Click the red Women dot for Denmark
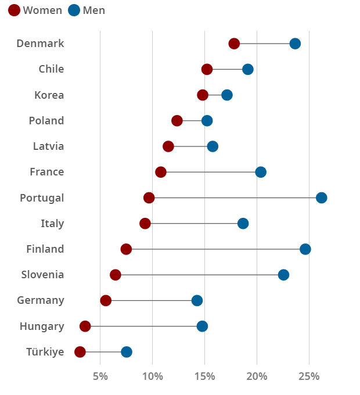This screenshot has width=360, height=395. tap(234, 44)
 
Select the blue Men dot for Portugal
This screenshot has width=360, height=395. tap(321, 198)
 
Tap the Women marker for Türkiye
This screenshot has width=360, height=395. tap(80, 352)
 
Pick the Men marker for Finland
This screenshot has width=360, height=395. tap(305, 249)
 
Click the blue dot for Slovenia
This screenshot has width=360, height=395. tap(283, 275)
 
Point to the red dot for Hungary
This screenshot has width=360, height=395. tap(85, 326)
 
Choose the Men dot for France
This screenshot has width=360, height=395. tap(261, 172)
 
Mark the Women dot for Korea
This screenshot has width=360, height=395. tap(203, 95)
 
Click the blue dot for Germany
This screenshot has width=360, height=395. tap(197, 300)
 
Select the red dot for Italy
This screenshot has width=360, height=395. tap(145, 224)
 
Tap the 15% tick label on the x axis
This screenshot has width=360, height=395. tap(204, 376)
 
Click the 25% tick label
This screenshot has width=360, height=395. tap(308, 376)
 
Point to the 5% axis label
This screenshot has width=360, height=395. tap(100, 376)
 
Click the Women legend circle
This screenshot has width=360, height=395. tap(14, 10)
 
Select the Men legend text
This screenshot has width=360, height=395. tap(94, 10)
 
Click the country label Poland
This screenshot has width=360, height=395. tap(46, 121)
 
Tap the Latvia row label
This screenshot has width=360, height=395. tap(48, 146)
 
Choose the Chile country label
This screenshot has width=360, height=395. tap(51, 69)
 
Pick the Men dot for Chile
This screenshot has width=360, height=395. tap(248, 70)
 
